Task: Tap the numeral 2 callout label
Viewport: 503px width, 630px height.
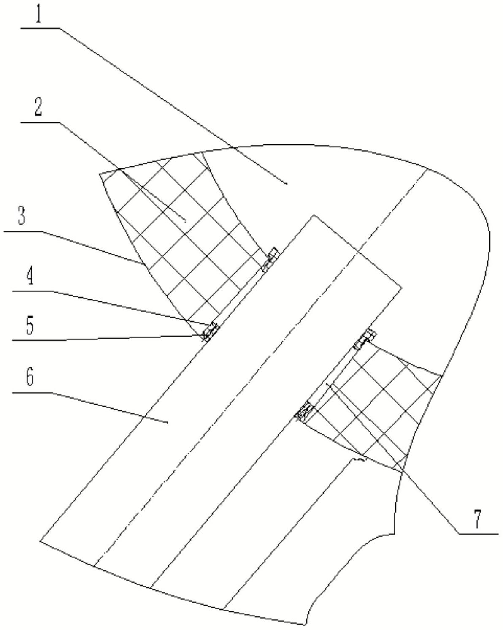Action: pos(38,109)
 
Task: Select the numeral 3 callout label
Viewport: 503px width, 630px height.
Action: pos(22,217)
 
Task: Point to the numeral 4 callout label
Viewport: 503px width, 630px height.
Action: pos(30,278)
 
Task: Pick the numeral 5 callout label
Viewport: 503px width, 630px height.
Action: pos(30,326)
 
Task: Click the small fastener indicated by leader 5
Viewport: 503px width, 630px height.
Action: pos(210,331)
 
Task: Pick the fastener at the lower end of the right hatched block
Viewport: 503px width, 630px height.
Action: pos(305,411)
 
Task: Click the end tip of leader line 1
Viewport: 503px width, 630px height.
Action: pos(287,184)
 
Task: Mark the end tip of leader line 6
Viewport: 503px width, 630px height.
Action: pos(168,422)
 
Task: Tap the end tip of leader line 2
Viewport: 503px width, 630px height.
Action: pos(186,220)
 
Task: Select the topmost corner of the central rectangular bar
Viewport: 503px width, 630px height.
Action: pos(313,215)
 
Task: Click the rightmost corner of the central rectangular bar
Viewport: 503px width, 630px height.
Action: pos(401,288)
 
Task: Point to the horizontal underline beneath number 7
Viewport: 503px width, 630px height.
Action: pos(479,534)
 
